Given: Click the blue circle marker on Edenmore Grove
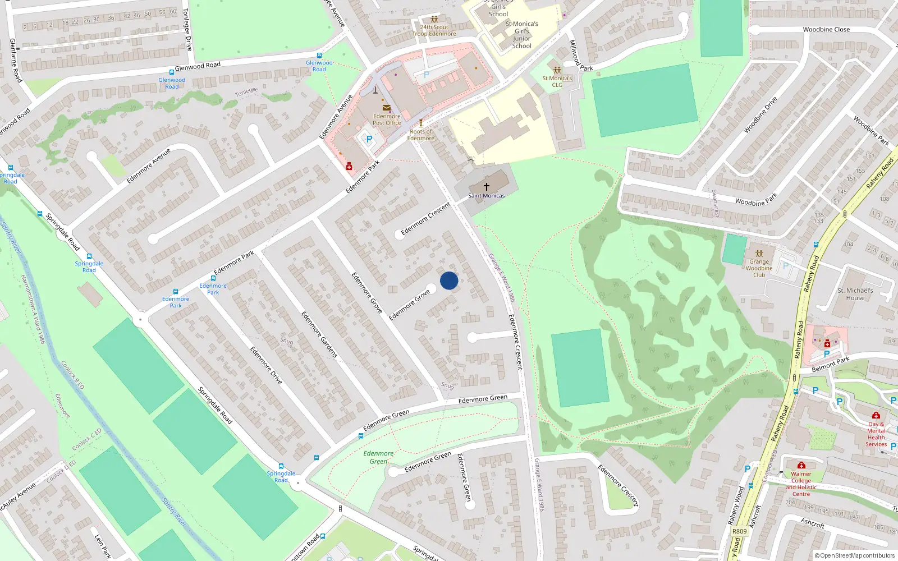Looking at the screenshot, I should point(449,280).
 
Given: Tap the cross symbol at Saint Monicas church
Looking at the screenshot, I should point(487,186).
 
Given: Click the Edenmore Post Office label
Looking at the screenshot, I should point(387,119).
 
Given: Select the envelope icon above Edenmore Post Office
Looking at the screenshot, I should point(387,108).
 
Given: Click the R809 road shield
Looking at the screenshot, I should point(739,531).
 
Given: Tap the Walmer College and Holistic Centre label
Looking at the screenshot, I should point(801,484).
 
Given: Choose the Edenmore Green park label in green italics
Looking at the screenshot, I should point(378,457).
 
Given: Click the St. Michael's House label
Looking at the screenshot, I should point(855,294).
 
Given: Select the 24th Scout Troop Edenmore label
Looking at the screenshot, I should point(434,30).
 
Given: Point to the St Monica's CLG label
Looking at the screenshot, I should point(557,82).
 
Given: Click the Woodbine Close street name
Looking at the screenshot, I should point(826,30).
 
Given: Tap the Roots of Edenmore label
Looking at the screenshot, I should point(421,135).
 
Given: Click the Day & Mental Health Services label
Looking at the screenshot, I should point(876,434).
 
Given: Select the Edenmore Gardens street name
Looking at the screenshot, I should point(319,335).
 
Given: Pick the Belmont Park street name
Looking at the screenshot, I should point(831,364).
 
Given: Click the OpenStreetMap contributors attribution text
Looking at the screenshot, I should point(855,555).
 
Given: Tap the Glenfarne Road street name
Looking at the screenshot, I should point(16,61).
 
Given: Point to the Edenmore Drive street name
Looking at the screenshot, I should point(266,365).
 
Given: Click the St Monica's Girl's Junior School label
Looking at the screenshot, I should point(521,35).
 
